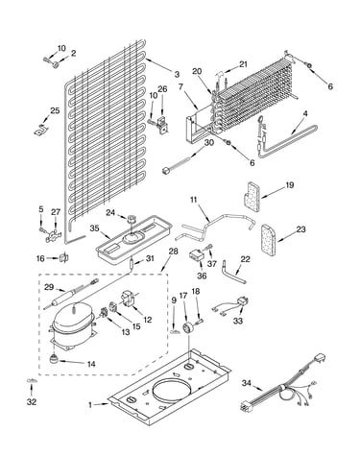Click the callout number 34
click(247, 383)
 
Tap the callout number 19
click(290, 185)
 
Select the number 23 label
click(300, 229)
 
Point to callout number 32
click(32, 401)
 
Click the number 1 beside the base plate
click(90, 405)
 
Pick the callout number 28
click(173, 252)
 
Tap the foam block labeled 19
click(252, 197)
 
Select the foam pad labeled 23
click(268, 240)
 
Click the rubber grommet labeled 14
click(55, 359)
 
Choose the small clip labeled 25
click(40, 130)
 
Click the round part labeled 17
click(187, 328)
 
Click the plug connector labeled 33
click(243, 301)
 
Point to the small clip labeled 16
click(64, 257)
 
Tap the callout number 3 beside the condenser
click(177, 75)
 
